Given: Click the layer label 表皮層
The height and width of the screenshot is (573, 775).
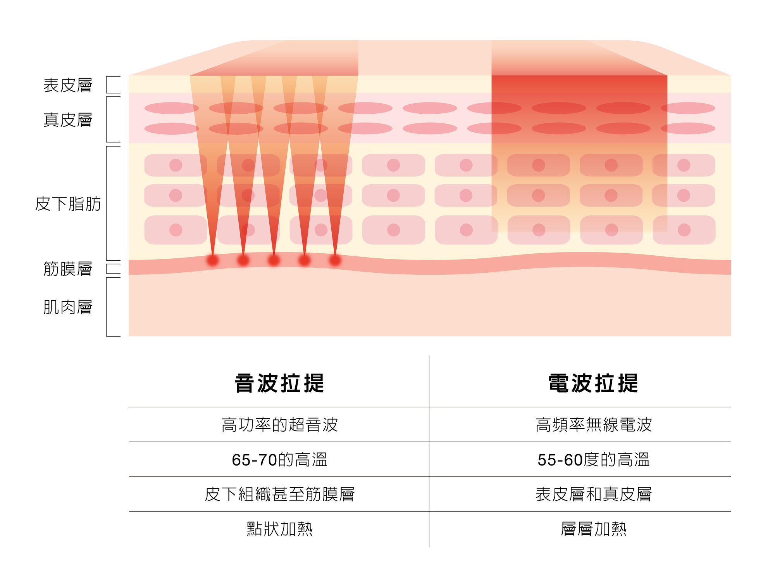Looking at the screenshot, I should pyautogui.click(x=68, y=85).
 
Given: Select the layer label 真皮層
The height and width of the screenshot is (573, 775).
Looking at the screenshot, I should pyautogui.click(x=68, y=120).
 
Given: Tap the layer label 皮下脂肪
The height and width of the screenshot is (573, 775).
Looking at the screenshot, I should pyautogui.click(x=68, y=204).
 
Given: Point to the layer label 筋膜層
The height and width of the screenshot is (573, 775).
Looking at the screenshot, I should pyautogui.click(x=68, y=269).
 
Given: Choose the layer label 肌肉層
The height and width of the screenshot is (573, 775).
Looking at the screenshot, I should pyautogui.click(x=68, y=307).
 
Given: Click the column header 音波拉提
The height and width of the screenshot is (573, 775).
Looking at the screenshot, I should pyautogui.click(x=279, y=383).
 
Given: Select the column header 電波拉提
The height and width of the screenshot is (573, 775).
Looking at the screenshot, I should pyautogui.click(x=593, y=383).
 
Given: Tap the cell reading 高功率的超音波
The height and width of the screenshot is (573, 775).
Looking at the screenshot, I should pyautogui.click(x=279, y=425).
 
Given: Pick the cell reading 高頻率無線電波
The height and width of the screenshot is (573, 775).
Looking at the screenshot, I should pyautogui.click(x=593, y=425).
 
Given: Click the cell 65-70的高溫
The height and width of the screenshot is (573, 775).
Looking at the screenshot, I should pyautogui.click(x=279, y=460).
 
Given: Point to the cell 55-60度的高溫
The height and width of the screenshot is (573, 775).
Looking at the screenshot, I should pyautogui.click(x=593, y=460).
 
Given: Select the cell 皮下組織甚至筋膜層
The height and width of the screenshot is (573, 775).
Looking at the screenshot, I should pyautogui.click(x=279, y=494).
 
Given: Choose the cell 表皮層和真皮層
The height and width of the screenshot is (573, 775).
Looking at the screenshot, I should pyautogui.click(x=593, y=494).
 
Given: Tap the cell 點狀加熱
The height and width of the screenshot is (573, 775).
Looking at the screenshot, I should pyautogui.click(x=279, y=529).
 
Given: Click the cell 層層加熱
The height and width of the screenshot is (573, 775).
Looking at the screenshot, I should pyautogui.click(x=593, y=529).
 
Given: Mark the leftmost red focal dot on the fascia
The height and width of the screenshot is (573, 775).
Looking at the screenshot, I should pyautogui.click(x=213, y=260).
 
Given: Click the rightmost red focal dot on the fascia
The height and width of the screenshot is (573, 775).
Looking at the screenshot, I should pyautogui.click(x=335, y=260).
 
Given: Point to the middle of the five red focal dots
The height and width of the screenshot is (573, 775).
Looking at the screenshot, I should pyautogui.click(x=274, y=260).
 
